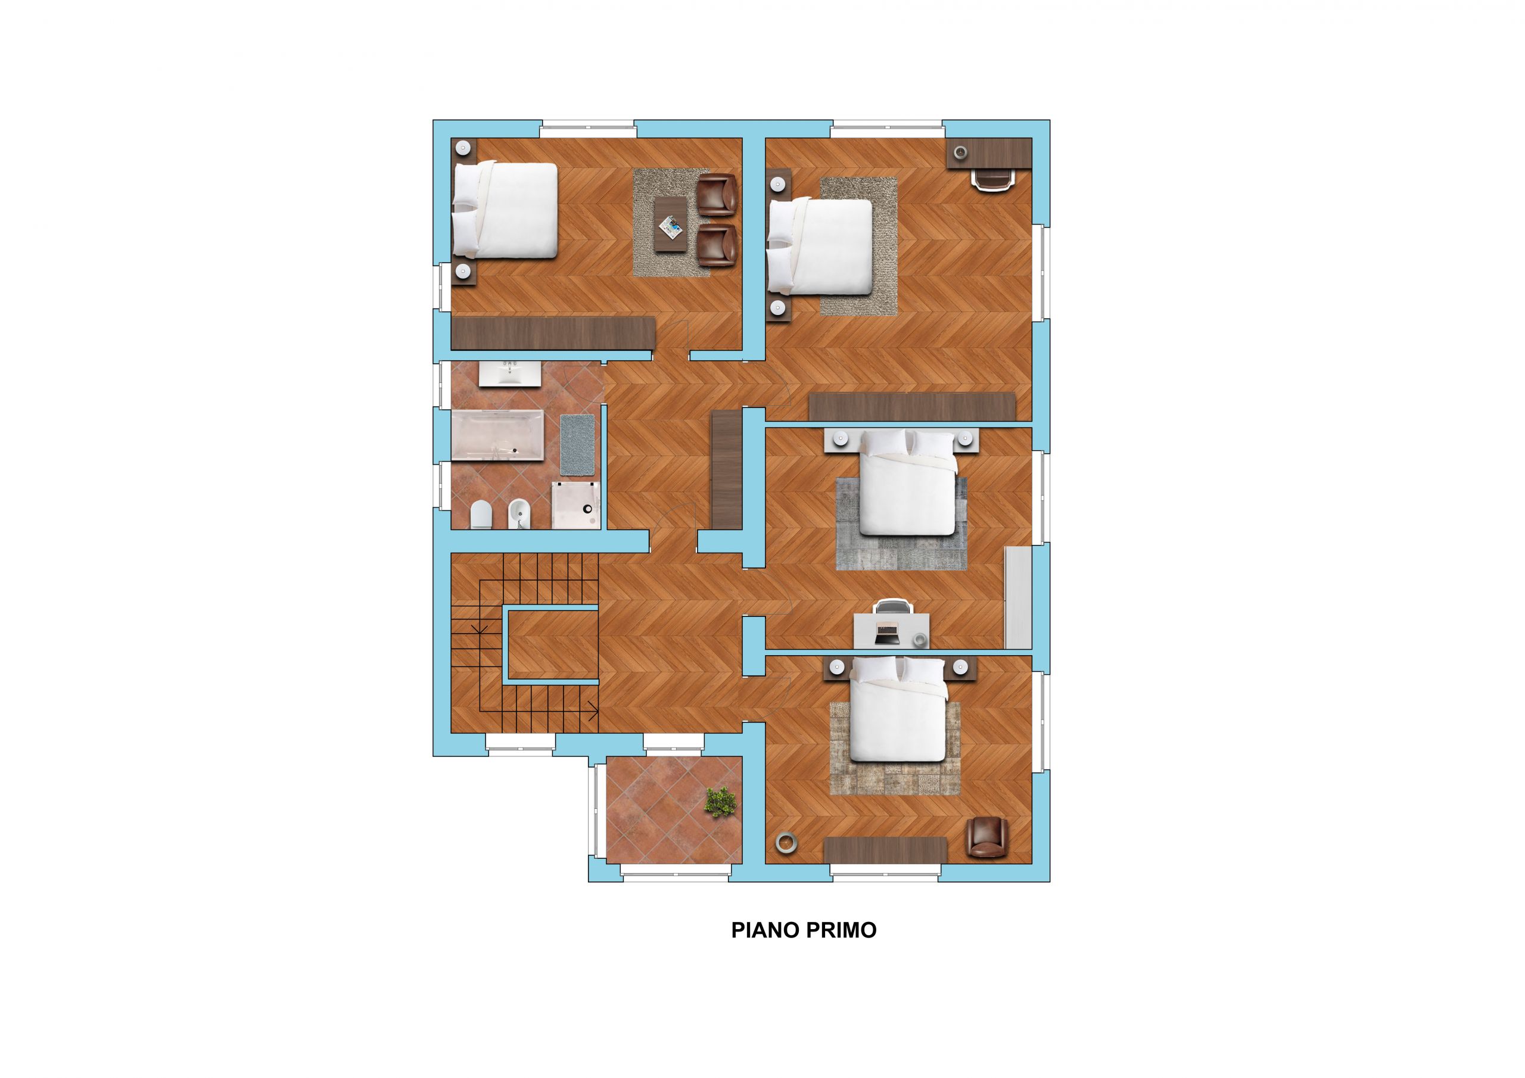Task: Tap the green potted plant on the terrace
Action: coord(721,802)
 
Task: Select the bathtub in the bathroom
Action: coord(497,435)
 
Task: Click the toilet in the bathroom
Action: coord(480,515)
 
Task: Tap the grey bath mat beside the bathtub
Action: coord(577,445)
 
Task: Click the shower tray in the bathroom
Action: coord(576,506)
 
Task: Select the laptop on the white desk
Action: coord(887,633)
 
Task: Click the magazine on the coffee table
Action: coord(671,229)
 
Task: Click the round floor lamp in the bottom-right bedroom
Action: coord(786,842)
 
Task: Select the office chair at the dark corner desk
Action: coord(994,179)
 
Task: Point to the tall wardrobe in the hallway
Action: coord(727,469)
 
